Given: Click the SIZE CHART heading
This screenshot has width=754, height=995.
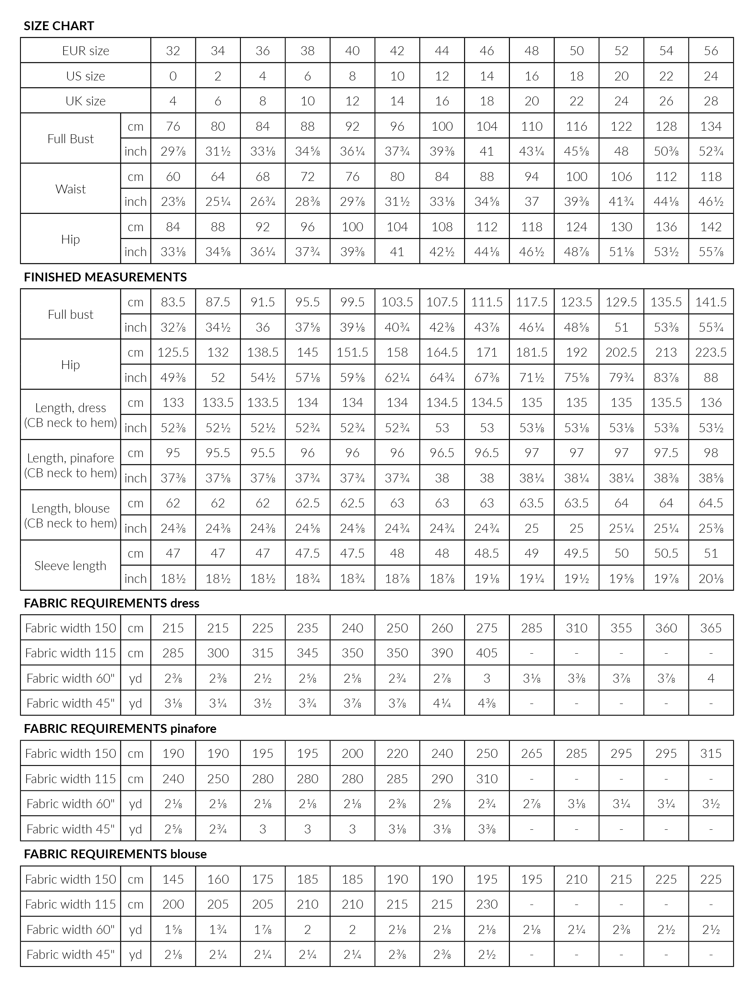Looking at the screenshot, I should [x=59, y=26].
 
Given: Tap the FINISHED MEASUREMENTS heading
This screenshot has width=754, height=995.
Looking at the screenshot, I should [x=105, y=277].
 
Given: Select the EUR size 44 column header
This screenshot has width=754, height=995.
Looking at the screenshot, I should [x=442, y=50].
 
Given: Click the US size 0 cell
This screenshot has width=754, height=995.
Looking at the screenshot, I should [x=173, y=76].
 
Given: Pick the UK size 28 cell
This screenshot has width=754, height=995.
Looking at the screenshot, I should [x=711, y=101].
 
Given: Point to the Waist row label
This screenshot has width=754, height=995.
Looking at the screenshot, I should [x=71, y=189].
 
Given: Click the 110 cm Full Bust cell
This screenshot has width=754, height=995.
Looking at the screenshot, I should [x=531, y=126].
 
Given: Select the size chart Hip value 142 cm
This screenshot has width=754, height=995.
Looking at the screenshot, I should [x=711, y=227].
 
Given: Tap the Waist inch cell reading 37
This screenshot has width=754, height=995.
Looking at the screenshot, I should [x=531, y=201].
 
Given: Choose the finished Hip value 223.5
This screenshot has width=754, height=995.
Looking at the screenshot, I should [x=711, y=352].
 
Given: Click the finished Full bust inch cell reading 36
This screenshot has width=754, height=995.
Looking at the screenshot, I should [x=262, y=327].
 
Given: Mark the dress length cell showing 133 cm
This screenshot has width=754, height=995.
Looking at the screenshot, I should [x=173, y=402].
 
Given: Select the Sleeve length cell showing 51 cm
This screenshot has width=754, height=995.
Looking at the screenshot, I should [x=711, y=553].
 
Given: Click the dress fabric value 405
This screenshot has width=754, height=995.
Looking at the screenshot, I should [x=487, y=653].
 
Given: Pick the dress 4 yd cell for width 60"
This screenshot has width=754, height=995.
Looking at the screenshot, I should [x=711, y=678].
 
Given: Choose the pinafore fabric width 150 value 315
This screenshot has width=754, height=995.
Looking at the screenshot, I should [x=711, y=753].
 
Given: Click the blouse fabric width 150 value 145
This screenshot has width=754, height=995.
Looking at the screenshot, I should [x=173, y=879].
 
